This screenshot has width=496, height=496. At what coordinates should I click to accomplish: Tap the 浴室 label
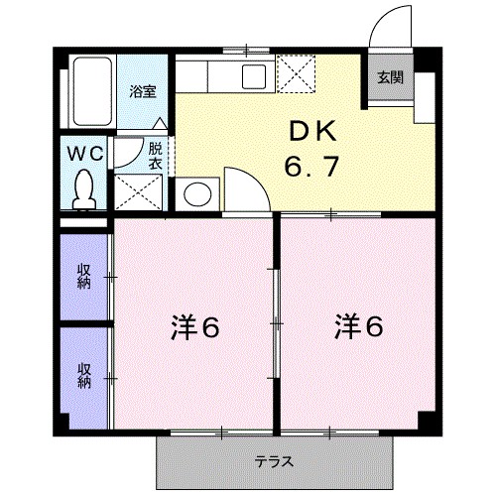(143, 91)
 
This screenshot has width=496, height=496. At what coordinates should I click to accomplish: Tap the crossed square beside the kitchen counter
(296, 72)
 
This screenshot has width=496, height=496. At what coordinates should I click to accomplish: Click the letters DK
(314, 133)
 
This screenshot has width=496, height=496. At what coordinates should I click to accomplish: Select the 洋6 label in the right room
(358, 325)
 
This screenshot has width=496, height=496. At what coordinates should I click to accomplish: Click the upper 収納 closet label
(84, 277)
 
